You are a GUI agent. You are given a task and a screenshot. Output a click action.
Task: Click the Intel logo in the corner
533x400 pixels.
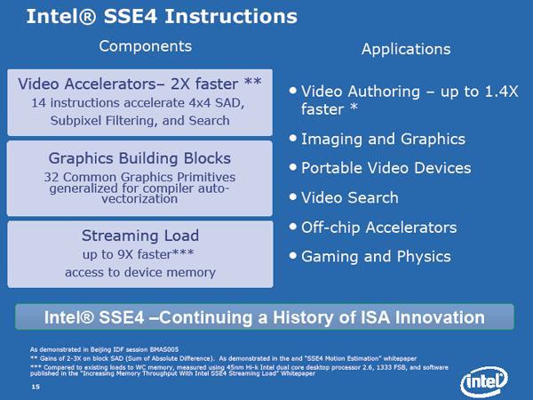[x=484, y=381]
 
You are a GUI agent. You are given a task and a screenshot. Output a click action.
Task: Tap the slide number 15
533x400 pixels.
[x=36, y=387]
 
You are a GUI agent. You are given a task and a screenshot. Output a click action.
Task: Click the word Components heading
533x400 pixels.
[x=146, y=46]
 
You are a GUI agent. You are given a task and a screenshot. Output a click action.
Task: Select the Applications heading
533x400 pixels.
[x=406, y=50]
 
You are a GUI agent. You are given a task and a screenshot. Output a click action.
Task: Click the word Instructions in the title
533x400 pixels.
[x=231, y=17]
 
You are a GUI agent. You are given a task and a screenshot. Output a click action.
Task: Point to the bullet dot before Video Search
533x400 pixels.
[x=292, y=196]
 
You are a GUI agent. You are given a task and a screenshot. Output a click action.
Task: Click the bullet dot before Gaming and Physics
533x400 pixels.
[x=292, y=255]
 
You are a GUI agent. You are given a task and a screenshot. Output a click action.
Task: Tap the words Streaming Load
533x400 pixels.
[x=140, y=236]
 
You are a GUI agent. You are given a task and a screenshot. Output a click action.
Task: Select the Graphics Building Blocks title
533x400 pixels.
[x=139, y=159]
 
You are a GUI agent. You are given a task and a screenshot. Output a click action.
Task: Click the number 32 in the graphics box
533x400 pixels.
[x=52, y=177]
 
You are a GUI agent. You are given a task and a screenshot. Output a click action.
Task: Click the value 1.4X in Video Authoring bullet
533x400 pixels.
[x=501, y=92]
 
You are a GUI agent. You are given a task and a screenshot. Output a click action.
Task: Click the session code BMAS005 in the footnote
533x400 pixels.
[x=163, y=349]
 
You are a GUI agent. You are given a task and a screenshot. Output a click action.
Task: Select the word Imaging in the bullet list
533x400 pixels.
[x=331, y=140]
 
